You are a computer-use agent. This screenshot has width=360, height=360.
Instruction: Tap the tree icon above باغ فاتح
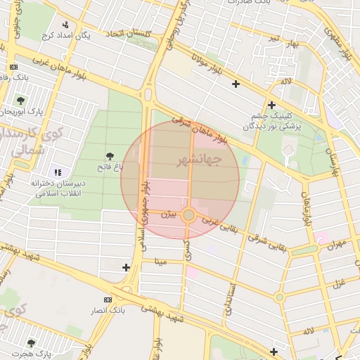coord(110,155)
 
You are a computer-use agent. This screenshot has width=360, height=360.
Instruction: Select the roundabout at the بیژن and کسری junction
coord(188,215)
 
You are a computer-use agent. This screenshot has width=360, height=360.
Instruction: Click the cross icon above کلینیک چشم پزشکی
coord(271,105)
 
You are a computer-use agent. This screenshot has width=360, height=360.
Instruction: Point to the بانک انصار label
coord(108,309)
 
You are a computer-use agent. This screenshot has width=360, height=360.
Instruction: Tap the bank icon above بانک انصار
coord(108,300)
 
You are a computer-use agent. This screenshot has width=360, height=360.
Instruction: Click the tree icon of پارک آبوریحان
coord(20,100)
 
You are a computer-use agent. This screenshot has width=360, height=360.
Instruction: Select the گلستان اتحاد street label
coord(130,33)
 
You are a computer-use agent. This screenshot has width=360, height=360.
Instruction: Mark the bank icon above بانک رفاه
coord(14,67)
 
